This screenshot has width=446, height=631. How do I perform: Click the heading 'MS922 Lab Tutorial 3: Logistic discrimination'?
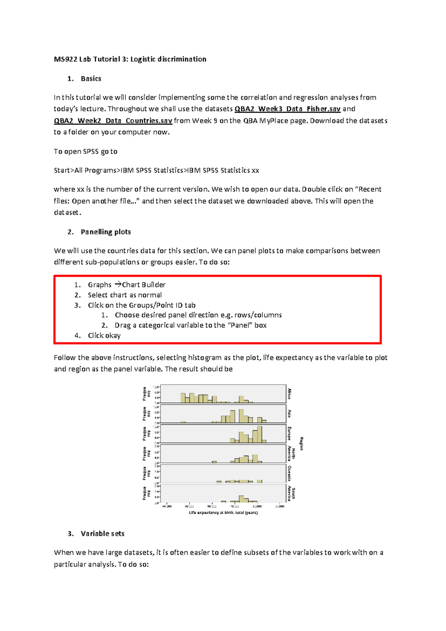pos(130,59)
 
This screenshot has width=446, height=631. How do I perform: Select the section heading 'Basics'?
pos(91,79)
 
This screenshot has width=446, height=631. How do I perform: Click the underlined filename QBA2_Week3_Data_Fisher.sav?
pos(287,109)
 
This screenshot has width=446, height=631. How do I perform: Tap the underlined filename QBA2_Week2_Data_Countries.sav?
pos(113,121)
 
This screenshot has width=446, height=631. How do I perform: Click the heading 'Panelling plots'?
pos(106,232)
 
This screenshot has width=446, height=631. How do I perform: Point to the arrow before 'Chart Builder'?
pos(117,285)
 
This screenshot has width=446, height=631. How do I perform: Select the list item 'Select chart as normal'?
pos(125,295)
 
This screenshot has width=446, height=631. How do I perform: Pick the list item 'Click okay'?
pos(104,336)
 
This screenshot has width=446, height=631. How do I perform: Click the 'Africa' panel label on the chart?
pos(290,394)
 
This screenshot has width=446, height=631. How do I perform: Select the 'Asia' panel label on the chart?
pos(290,413)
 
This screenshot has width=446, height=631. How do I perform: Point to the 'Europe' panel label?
pos(290,433)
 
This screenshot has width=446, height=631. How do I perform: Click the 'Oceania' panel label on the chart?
pos(290,473)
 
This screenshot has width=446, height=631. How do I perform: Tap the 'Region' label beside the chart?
pos(301,443)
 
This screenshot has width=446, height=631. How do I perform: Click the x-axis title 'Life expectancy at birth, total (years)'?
pos(223,513)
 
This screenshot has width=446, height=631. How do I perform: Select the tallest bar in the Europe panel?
pos(259,434)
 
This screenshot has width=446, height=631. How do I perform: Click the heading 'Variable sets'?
pos(102,534)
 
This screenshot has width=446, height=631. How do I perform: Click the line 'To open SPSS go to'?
pos(85,151)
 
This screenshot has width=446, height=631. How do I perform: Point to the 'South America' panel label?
pos(291,493)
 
